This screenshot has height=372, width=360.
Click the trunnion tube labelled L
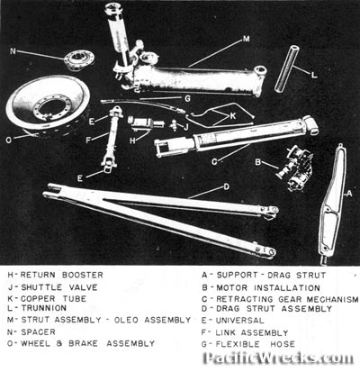tap(287, 68)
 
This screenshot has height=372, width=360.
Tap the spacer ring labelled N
tap(80, 60)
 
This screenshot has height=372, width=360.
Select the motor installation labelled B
tap(295, 168)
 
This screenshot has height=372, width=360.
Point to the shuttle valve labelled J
tap(174, 124)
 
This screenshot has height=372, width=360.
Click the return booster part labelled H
tap(146, 122)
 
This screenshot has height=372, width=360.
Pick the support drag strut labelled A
tap(332, 204)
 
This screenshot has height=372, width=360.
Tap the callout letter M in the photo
tap(247, 40)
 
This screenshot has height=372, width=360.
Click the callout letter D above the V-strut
tap(226, 186)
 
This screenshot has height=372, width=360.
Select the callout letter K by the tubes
tap(233, 116)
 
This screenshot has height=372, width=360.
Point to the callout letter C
tap(214, 162)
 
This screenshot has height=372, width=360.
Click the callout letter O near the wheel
tap(9, 141)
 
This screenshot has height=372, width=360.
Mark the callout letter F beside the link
tap(88, 141)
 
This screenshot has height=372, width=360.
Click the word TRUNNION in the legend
tap(44, 308)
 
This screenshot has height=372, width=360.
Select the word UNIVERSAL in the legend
tap(240, 321)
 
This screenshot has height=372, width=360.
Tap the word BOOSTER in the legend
tap(83, 275)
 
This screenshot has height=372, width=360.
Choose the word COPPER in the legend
tap(38, 299)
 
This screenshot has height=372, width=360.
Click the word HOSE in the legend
tap(283, 344)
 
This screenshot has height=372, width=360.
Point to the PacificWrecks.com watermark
tap(279, 358)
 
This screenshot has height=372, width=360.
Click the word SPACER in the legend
tap(39, 332)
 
